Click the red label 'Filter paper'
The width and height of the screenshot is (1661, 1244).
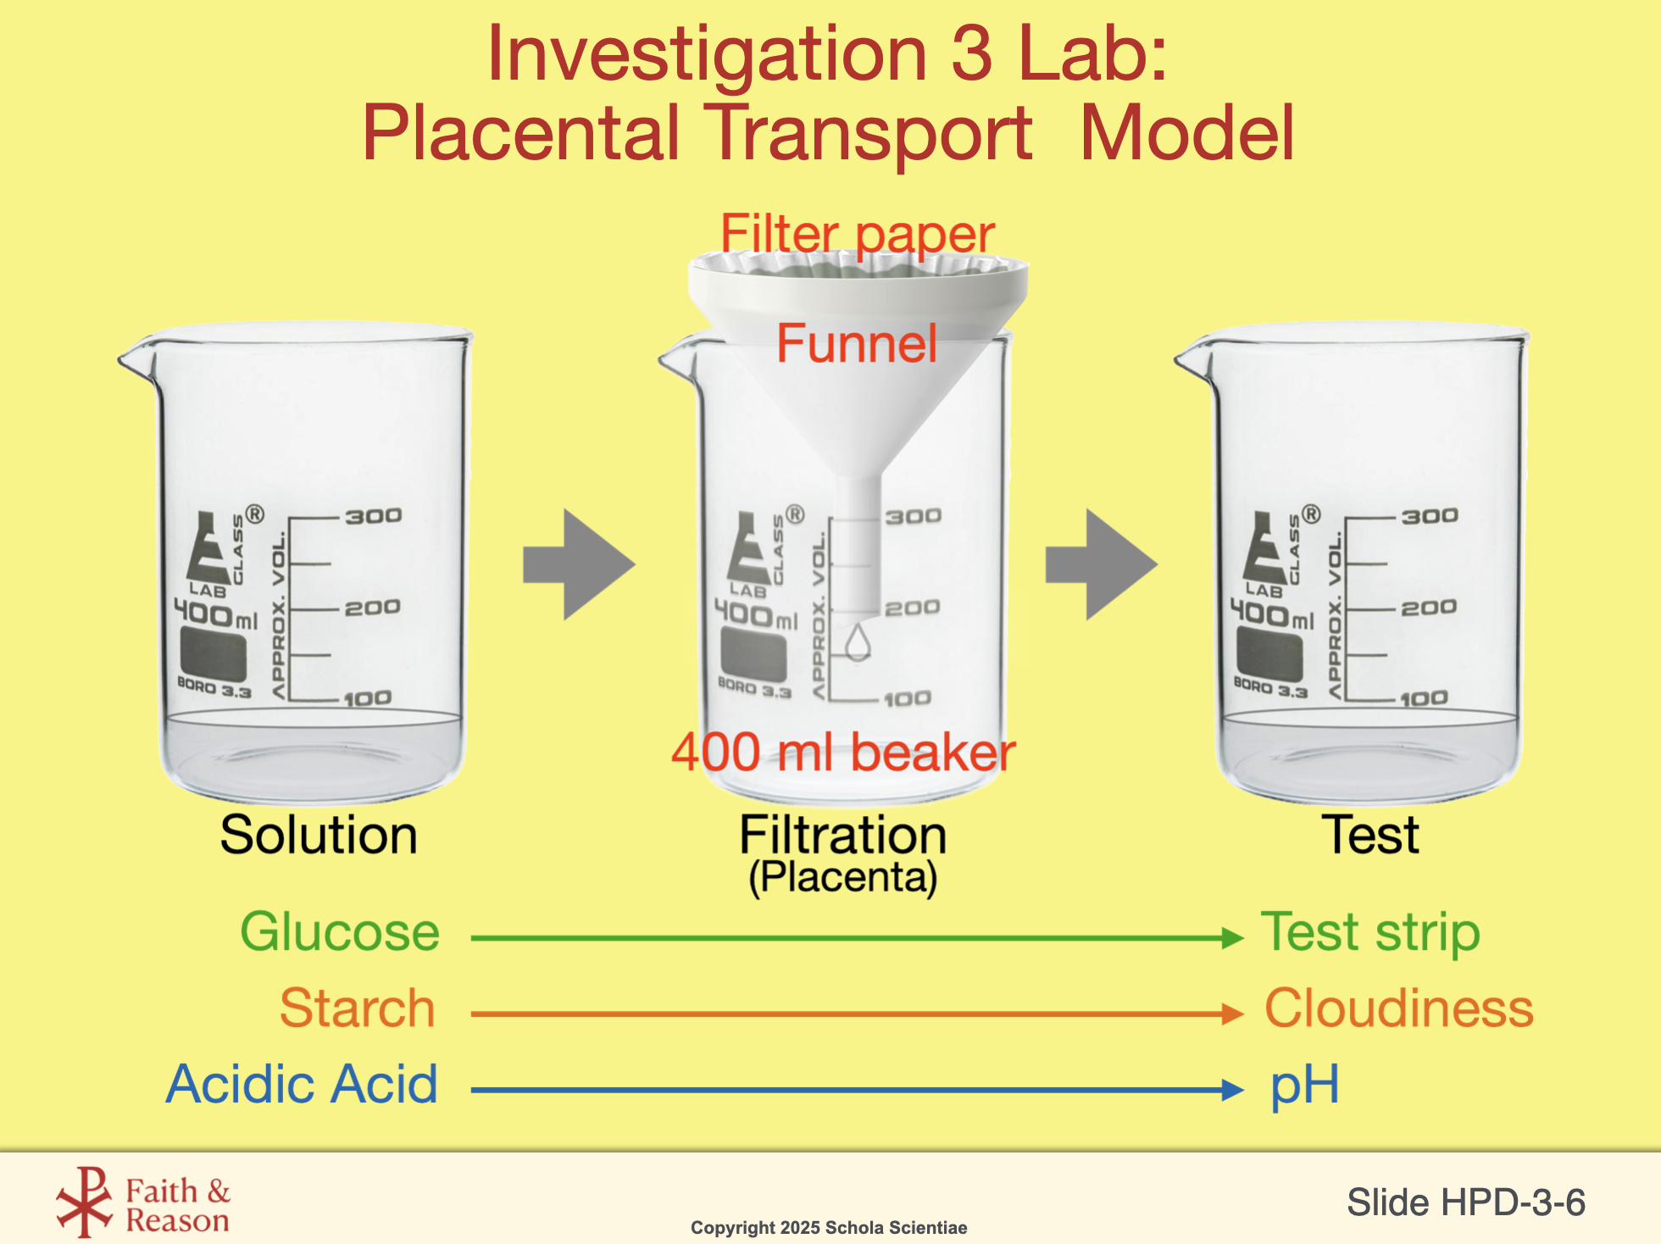(x=857, y=234)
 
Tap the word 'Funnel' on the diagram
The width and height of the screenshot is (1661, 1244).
(x=857, y=343)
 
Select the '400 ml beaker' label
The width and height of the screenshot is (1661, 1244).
(x=843, y=752)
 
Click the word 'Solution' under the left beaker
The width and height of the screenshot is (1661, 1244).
(x=319, y=835)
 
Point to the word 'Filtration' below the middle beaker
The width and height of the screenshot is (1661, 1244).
(x=842, y=835)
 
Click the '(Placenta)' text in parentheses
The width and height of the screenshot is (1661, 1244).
(x=842, y=877)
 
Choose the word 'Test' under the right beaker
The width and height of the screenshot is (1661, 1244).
(x=1370, y=835)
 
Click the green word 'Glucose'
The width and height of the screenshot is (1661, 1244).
(x=340, y=932)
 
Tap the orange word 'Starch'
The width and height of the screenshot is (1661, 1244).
(x=357, y=1008)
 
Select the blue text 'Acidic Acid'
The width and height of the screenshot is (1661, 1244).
(x=302, y=1084)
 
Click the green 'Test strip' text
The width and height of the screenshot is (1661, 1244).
(x=1370, y=932)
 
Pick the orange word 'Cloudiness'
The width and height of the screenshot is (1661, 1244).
(x=1399, y=1008)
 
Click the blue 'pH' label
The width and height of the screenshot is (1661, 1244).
(x=1305, y=1084)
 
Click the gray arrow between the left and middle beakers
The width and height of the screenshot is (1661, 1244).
(x=579, y=564)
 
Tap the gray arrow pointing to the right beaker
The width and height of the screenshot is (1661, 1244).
(x=1101, y=564)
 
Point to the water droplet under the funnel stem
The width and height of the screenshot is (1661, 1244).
(x=858, y=641)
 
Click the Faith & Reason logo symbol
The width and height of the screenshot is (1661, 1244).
(x=84, y=1202)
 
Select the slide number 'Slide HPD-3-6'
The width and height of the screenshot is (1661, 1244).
(x=1466, y=1202)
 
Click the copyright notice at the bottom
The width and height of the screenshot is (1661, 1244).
(x=829, y=1228)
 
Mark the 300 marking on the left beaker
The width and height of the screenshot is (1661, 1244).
(x=373, y=516)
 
